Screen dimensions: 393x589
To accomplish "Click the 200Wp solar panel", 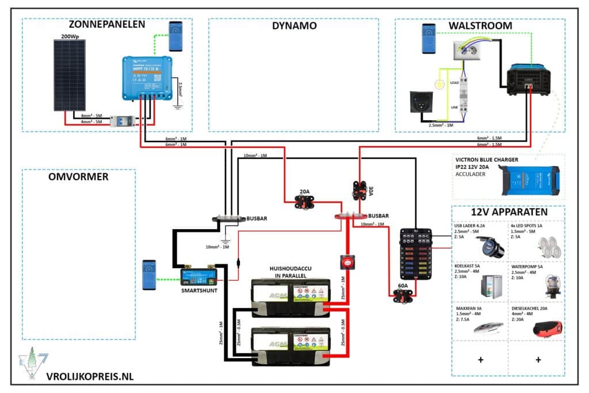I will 69,75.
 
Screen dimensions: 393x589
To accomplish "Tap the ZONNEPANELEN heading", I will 106,25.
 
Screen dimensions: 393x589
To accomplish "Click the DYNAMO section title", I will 294,25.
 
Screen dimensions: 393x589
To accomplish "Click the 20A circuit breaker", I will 304,201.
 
